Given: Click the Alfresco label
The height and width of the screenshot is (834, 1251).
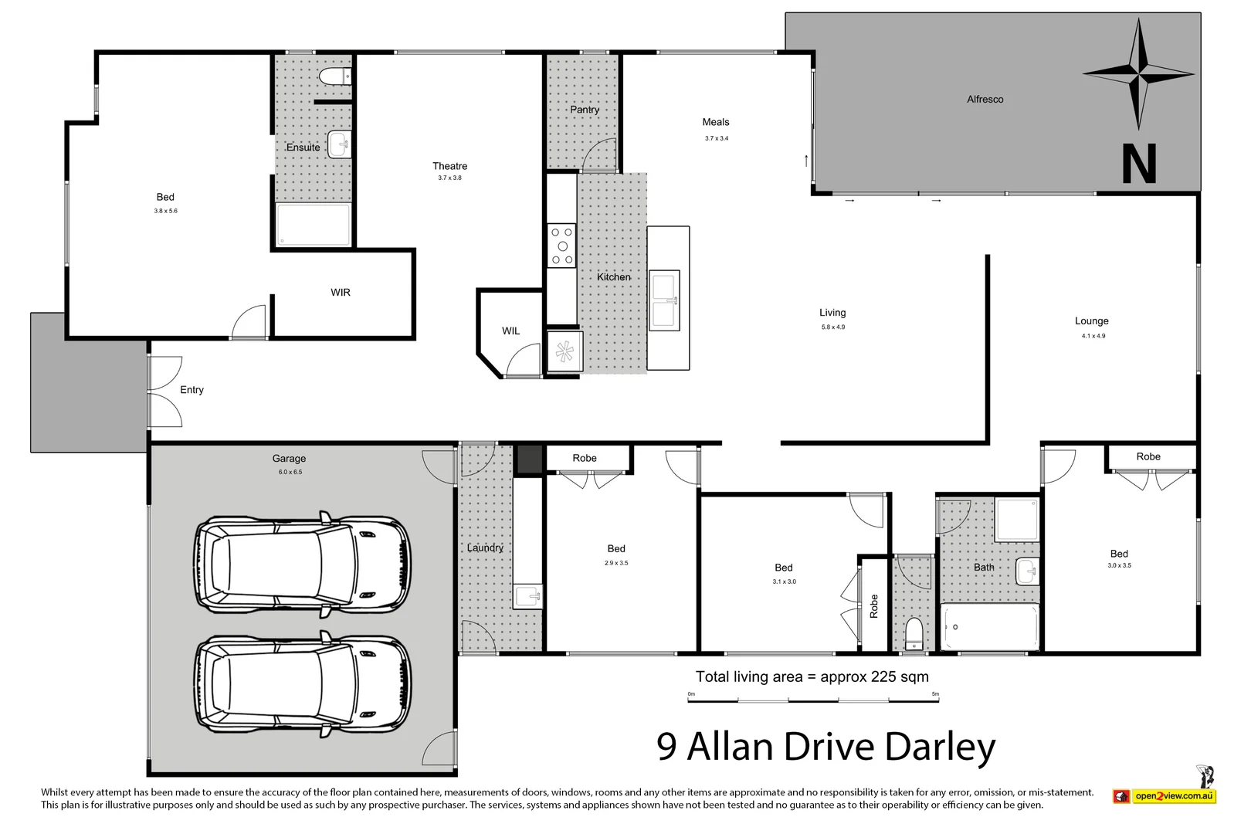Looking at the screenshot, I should point(985,100).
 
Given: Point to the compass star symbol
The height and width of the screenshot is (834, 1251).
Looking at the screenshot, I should point(1138,74).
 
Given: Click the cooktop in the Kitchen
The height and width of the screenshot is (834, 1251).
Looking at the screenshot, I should point(561,246).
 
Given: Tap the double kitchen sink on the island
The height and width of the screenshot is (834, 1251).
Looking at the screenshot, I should point(664,300).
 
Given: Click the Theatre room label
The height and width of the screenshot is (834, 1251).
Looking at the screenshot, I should point(449,166).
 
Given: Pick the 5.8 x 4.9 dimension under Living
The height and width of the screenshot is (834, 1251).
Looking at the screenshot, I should point(832,327).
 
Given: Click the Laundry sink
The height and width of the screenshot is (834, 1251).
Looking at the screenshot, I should point(528,596).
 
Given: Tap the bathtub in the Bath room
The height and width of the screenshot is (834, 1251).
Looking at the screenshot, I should point(990,627).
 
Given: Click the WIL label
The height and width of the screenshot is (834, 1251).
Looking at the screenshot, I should point(510,331).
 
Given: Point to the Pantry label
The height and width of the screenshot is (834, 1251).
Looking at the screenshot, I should point(585,110).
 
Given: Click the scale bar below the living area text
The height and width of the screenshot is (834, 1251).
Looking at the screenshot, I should point(813,700).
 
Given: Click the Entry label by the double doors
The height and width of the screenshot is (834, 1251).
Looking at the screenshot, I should point(192,390).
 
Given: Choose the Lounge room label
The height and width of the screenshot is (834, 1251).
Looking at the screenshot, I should point(1091,321).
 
